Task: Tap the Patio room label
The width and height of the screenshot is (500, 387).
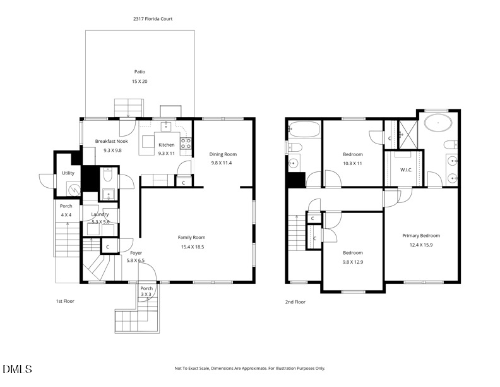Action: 140,71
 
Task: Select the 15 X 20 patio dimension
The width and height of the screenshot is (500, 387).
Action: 140,82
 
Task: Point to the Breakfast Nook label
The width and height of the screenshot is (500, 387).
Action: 111,141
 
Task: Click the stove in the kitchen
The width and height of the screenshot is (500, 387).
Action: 186,143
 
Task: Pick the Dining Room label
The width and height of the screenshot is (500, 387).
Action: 223,154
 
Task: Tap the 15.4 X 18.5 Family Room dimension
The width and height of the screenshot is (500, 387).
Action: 191,247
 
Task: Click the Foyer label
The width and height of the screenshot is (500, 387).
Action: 135,252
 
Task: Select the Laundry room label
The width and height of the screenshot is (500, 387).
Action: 100,214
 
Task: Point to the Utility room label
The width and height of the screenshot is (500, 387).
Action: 68,173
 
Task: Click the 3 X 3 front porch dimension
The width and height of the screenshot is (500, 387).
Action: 146,294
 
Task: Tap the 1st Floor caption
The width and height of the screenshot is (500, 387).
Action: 64,301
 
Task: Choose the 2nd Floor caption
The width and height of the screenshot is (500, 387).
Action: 295,302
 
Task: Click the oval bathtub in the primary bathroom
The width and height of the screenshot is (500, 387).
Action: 436,123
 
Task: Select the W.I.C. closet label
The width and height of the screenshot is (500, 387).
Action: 406,169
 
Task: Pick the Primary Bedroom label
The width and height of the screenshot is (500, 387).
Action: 420,235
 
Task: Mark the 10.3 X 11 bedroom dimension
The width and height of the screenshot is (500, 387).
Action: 352,163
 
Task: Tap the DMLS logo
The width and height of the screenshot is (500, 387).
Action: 17,369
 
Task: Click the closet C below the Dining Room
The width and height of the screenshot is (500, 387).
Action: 183,183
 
